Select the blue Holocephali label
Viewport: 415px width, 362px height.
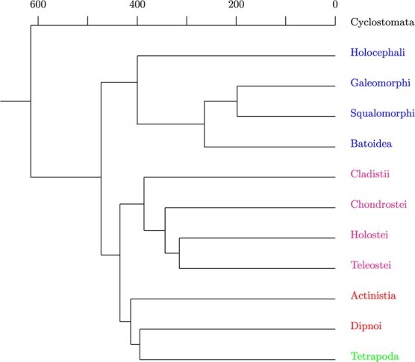(376, 53)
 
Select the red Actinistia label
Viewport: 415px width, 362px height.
(372, 296)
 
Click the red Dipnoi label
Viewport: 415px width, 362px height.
(366, 326)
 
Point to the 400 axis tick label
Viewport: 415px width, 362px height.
(137, 7)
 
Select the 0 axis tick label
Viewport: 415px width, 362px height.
(335, 7)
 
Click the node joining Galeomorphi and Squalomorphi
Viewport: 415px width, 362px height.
(237, 101)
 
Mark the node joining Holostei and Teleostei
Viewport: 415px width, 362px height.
(179, 253)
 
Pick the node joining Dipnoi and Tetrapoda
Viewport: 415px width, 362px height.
(140, 344)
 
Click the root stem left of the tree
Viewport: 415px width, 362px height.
(15, 101)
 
